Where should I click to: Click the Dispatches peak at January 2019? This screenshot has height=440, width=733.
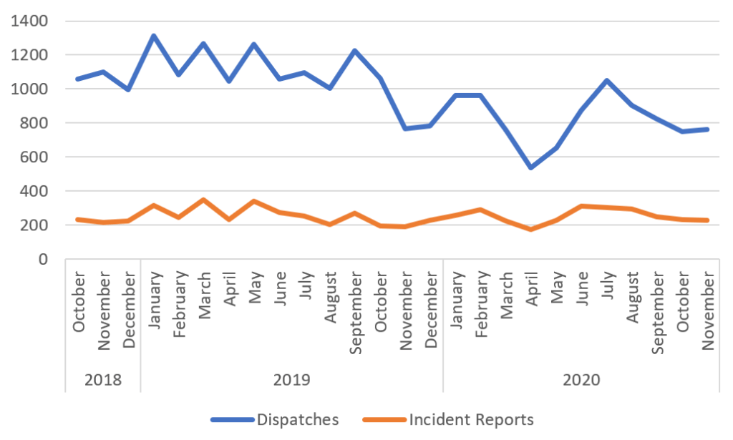click(153, 36)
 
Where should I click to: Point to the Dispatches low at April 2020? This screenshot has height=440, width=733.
click(531, 167)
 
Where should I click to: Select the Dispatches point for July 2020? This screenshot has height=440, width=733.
click(607, 80)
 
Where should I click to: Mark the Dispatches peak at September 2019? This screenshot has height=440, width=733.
click(354, 51)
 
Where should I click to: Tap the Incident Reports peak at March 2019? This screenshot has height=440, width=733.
click(203, 200)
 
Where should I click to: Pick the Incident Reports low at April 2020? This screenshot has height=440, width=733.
click(531, 229)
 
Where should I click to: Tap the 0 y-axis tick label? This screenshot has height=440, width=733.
click(44, 259)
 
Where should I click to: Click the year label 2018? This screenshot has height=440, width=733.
click(103, 378)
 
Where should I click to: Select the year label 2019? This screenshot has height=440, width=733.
click(292, 378)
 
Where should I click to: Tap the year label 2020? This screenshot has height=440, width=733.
click(581, 378)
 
